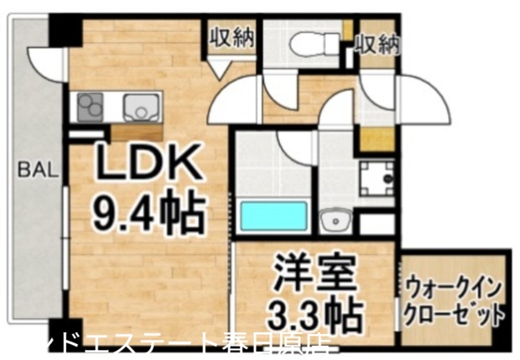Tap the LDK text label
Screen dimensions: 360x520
pyautogui.click(x=148, y=165)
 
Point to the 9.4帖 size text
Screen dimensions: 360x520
pyautogui.click(x=148, y=212)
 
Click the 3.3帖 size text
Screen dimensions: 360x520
pyautogui.click(x=315, y=315)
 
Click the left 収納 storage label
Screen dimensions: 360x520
pyautogui.click(x=231, y=39)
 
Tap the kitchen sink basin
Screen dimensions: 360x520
pyautogui.click(x=140, y=107)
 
